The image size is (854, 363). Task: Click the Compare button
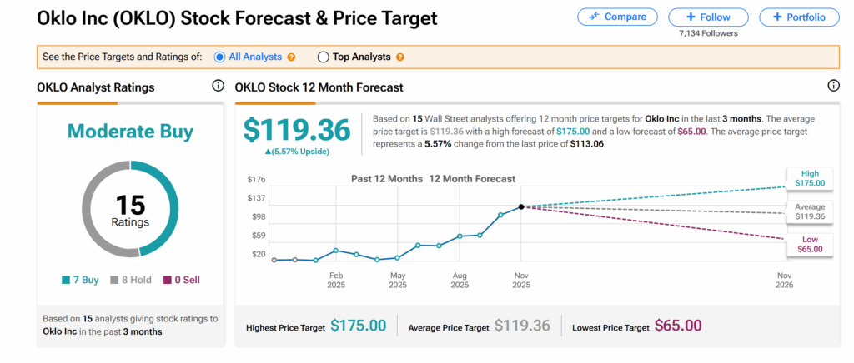(616, 17)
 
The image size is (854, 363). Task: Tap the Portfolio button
(799, 17)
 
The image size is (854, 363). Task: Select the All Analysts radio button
(220, 57)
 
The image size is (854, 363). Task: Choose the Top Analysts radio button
(324, 57)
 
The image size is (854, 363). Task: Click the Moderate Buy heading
(130, 131)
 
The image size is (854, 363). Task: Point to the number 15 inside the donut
(130, 204)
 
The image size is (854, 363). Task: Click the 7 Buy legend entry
(80, 280)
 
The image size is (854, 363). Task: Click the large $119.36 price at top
(297, 130)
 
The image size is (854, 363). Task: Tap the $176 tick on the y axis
(257, 179)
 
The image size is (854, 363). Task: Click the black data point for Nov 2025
(521, 206)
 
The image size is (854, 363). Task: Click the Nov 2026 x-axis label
(784, 280)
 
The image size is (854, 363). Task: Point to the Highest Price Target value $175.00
(359, 326)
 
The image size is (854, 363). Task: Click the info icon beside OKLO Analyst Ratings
(218, 86)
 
